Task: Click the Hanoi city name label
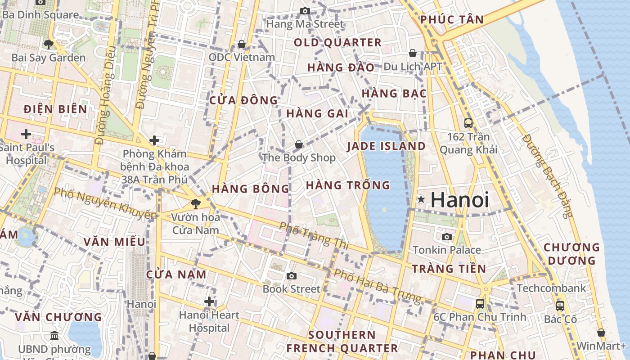pos(459,200)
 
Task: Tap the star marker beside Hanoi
pos(421,199)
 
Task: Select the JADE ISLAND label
pos(386,146)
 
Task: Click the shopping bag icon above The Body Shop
pos(298,144)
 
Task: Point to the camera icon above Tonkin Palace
pos(446,237)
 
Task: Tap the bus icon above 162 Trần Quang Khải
pos(468,123)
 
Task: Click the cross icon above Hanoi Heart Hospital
pos(209,301)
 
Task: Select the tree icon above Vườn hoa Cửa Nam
pos(196,204)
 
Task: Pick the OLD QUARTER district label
pos(337,43)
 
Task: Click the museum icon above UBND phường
pos(54,335)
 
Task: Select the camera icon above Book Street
pos(292,275)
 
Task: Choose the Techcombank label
pos(551,288)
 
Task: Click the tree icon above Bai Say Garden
pos(48,44)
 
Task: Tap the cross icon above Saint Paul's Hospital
pos(26,134)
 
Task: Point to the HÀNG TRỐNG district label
pos(348,185)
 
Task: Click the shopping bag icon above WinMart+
pos(601,333)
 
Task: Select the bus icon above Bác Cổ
pos(560,306)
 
